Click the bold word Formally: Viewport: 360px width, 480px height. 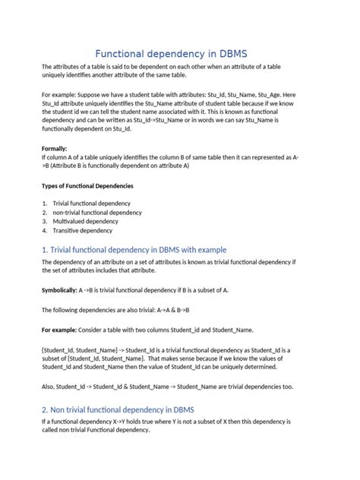click(55, 149)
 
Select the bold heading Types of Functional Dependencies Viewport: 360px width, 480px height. click(87, 185)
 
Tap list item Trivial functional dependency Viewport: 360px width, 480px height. click(91, 204)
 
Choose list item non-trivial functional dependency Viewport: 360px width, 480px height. click(96, 213)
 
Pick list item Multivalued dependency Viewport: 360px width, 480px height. click(86, 222)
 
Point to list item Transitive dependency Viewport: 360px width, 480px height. click(82, 231)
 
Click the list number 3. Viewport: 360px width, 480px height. click(45, 222)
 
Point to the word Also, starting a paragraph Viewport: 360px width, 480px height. click(49, 386)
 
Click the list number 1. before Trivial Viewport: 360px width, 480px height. click(45, 204)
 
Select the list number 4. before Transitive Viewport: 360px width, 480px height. click(45, 231)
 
